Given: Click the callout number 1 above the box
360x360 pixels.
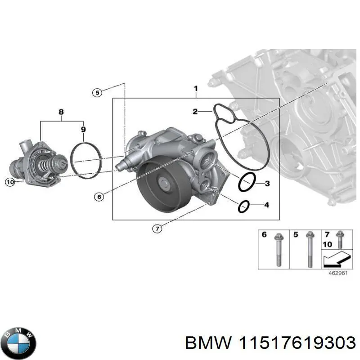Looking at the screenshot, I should (x=196, y=89).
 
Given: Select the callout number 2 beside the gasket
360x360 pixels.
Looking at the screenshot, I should (x=195, y=111).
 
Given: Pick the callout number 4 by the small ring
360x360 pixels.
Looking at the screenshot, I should (x=266, y=205).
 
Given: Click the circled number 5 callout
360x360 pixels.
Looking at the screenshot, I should (x=97, y=93).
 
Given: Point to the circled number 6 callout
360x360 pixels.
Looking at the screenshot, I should (x=99, y=196).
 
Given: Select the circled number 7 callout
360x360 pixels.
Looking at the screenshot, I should (x=156, y=229).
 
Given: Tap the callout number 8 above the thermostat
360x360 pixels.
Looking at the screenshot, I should (x=61, y=111).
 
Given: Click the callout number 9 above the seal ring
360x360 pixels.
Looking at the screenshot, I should (x=83, y=130).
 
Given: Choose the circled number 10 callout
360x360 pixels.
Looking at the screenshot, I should (x=10, y=182).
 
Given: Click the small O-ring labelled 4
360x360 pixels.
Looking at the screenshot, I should (x=243, y=206).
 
